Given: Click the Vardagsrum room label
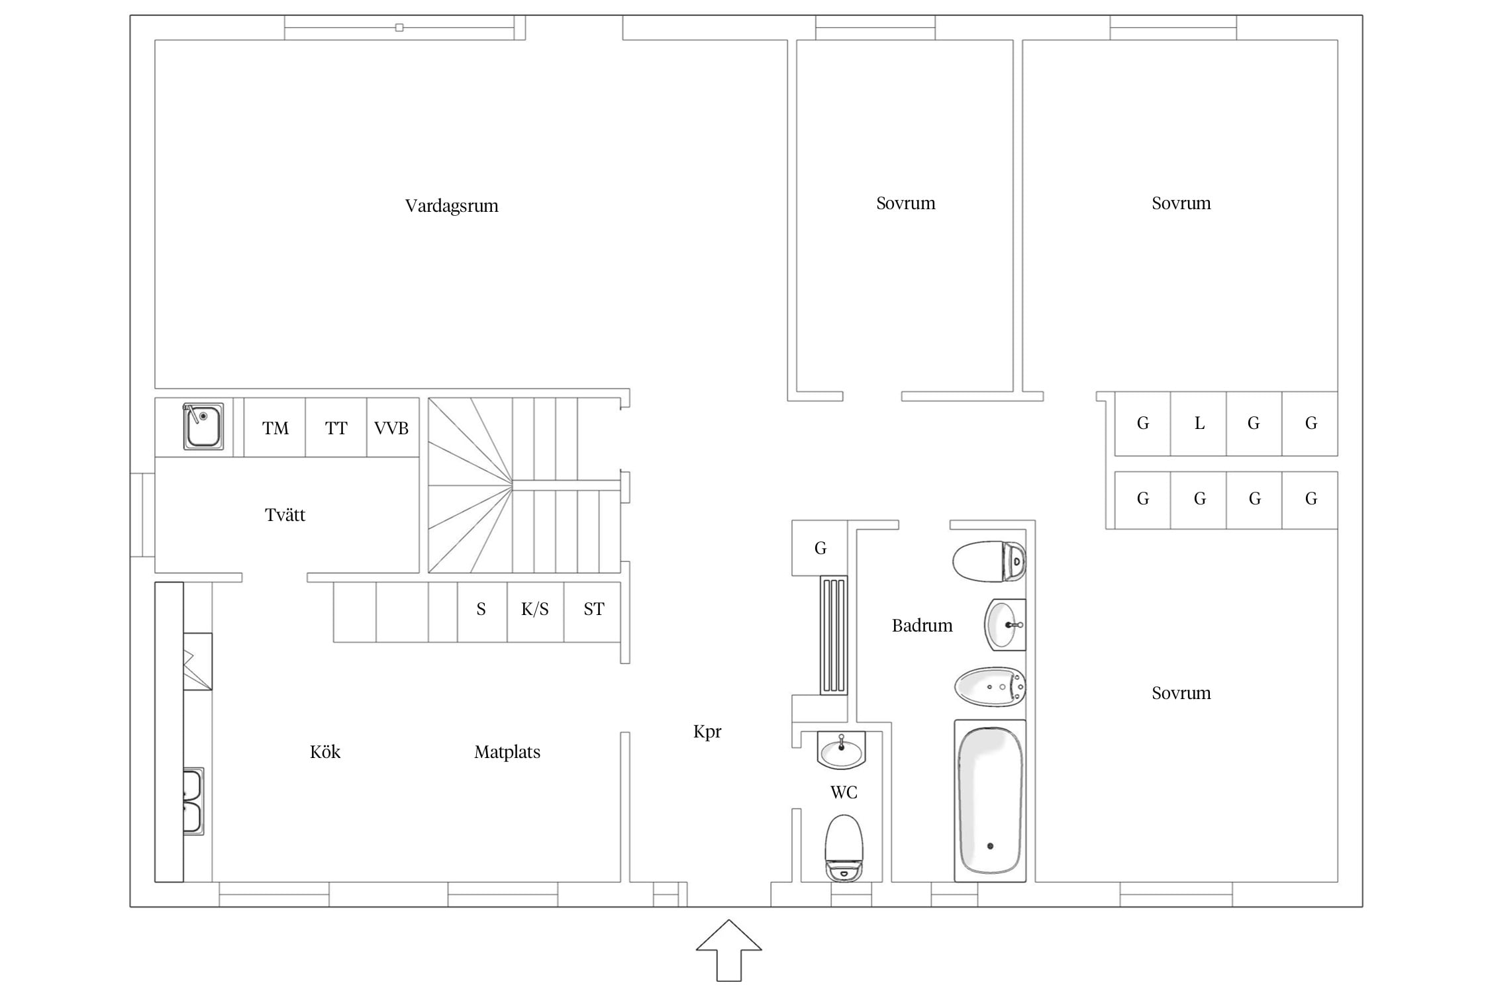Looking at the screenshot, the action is tap(452, 206).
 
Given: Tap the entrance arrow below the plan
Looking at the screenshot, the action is tap(728, 950).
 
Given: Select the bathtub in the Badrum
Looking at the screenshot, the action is tap(990, 800).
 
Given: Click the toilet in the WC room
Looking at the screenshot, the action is tap(844, 848).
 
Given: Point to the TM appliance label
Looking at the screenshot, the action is tap(275, 428).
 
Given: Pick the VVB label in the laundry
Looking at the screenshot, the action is tap(391, 428).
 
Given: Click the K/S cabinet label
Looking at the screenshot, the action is tap(535, 609).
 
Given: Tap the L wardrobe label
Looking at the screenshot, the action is tap(1199, 423).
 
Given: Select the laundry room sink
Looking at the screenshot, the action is tap(203, 426).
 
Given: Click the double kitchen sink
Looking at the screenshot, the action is tap(193, 801).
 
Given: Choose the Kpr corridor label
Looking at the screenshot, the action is tap(707, 732).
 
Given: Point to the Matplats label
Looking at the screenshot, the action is tap(507, 752).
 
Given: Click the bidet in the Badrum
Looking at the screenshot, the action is tap(990, 687).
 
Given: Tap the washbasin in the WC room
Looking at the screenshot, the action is tap(842, 750).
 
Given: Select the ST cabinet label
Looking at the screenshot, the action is tap(594, 609).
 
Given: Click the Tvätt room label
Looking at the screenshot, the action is tap(285, 514).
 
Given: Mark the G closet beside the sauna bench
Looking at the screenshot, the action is tap(820, 548).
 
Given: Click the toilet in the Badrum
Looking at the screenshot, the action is tap(989, 561).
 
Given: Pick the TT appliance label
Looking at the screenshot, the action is tap(336, 428).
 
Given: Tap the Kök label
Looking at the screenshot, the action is tap(325, 752).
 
